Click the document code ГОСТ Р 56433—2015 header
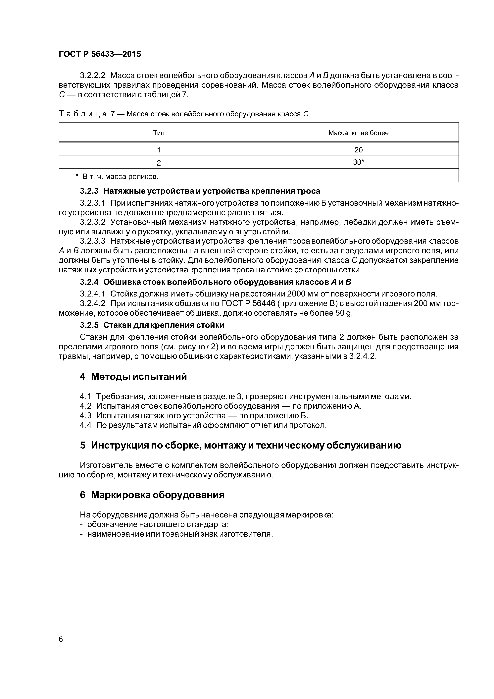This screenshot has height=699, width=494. (100, 54)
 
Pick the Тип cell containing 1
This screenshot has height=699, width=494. (159, 149)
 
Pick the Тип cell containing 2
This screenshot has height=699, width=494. (159, 163)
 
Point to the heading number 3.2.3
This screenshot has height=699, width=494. (89, 191)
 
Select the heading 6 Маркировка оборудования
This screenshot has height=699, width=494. (152, 495)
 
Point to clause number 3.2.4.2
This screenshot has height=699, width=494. (93, 303)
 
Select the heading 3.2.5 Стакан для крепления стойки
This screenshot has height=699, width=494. (152, 325)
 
